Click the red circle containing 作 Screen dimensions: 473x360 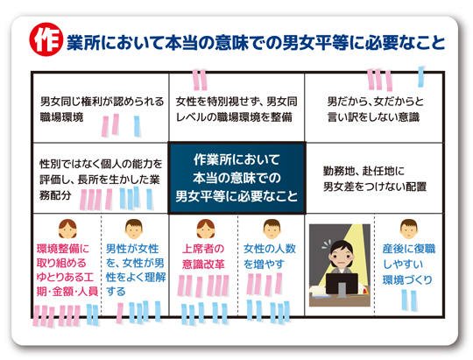pos(46,39)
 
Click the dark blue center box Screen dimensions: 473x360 pos(236,178)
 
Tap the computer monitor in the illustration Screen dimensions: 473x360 pos(342,285)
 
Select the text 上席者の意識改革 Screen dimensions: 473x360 pos(203,257)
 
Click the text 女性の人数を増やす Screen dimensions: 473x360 pos(270,257)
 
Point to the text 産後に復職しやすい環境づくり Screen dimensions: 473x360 pos(409,265)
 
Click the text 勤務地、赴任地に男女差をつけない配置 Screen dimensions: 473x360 pos(375,179)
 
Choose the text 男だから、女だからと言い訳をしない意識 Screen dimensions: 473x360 pos(375,109)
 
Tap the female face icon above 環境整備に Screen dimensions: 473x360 pos(67,229)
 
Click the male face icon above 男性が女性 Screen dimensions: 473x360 pos(134,229)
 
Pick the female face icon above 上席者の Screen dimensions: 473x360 pos(206,229)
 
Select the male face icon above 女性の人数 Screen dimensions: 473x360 pos(272,229)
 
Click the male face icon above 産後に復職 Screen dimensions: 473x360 pos(409,229)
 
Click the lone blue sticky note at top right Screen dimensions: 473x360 pos(421,77)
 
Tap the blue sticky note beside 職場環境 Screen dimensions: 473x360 pos(137,126)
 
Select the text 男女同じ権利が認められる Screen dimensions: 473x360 pos(102,102)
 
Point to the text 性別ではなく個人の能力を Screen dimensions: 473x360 pos(101,164)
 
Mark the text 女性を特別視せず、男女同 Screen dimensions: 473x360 pos(236,102)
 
